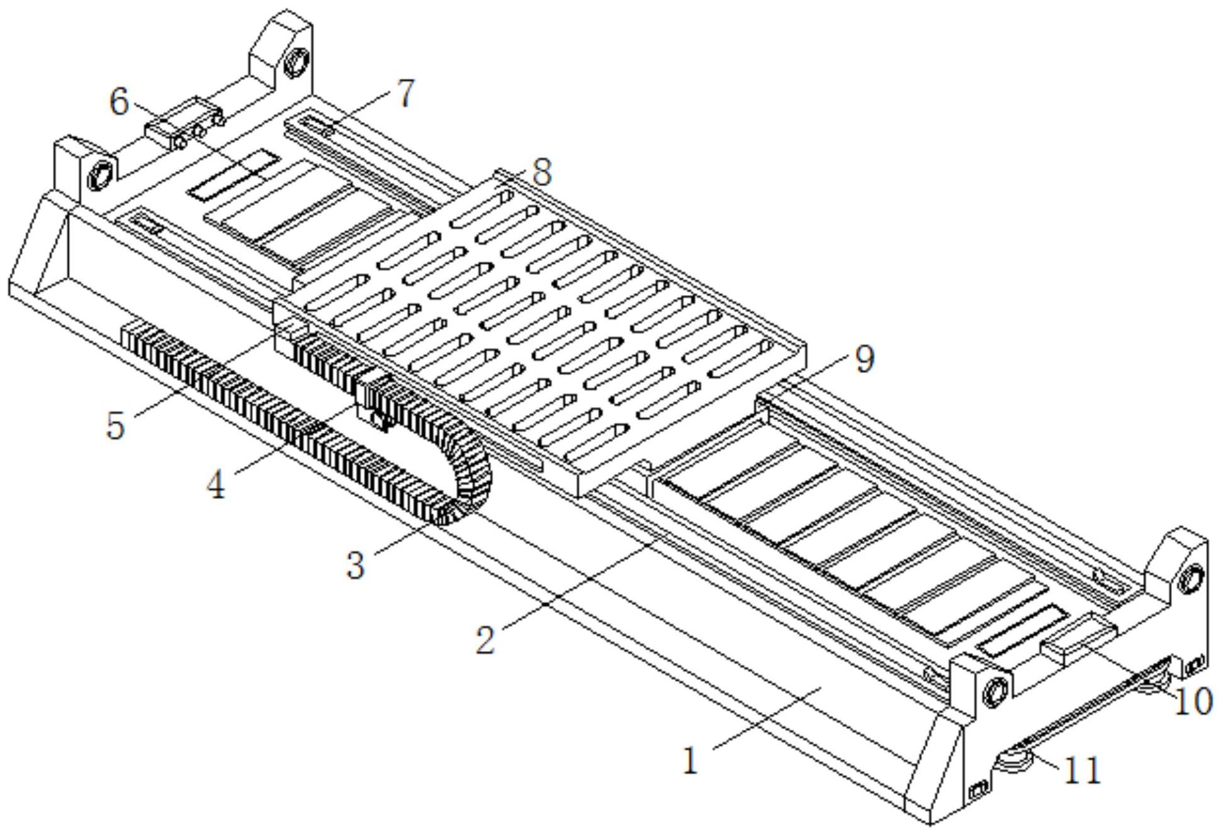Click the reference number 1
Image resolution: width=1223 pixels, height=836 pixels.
pos(690,761)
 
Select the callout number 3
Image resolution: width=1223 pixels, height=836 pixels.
pos(356,564)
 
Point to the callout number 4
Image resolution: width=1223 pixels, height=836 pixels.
pos(217,484)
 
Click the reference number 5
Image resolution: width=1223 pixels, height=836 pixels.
pos(115,425)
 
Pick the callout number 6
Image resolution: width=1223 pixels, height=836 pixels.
pos(119,101)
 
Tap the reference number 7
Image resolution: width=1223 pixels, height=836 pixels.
pos(406,93)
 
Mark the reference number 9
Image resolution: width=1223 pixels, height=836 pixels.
pos(864,360)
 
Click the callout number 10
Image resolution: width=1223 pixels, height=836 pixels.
pos(1193,701)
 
